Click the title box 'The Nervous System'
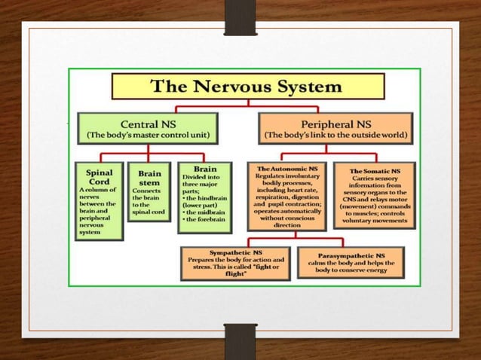[x=248, y=86]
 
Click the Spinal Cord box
[x=100, y=200]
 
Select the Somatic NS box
[x=374, y=194]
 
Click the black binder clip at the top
[x=240, y=17]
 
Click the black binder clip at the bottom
[x=240, y=342]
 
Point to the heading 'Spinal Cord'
[x=100, y=177]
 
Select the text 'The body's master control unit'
[x=147, y=136]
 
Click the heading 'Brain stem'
[x=149, y=177]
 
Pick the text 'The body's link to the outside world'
[x=335, y=136]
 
